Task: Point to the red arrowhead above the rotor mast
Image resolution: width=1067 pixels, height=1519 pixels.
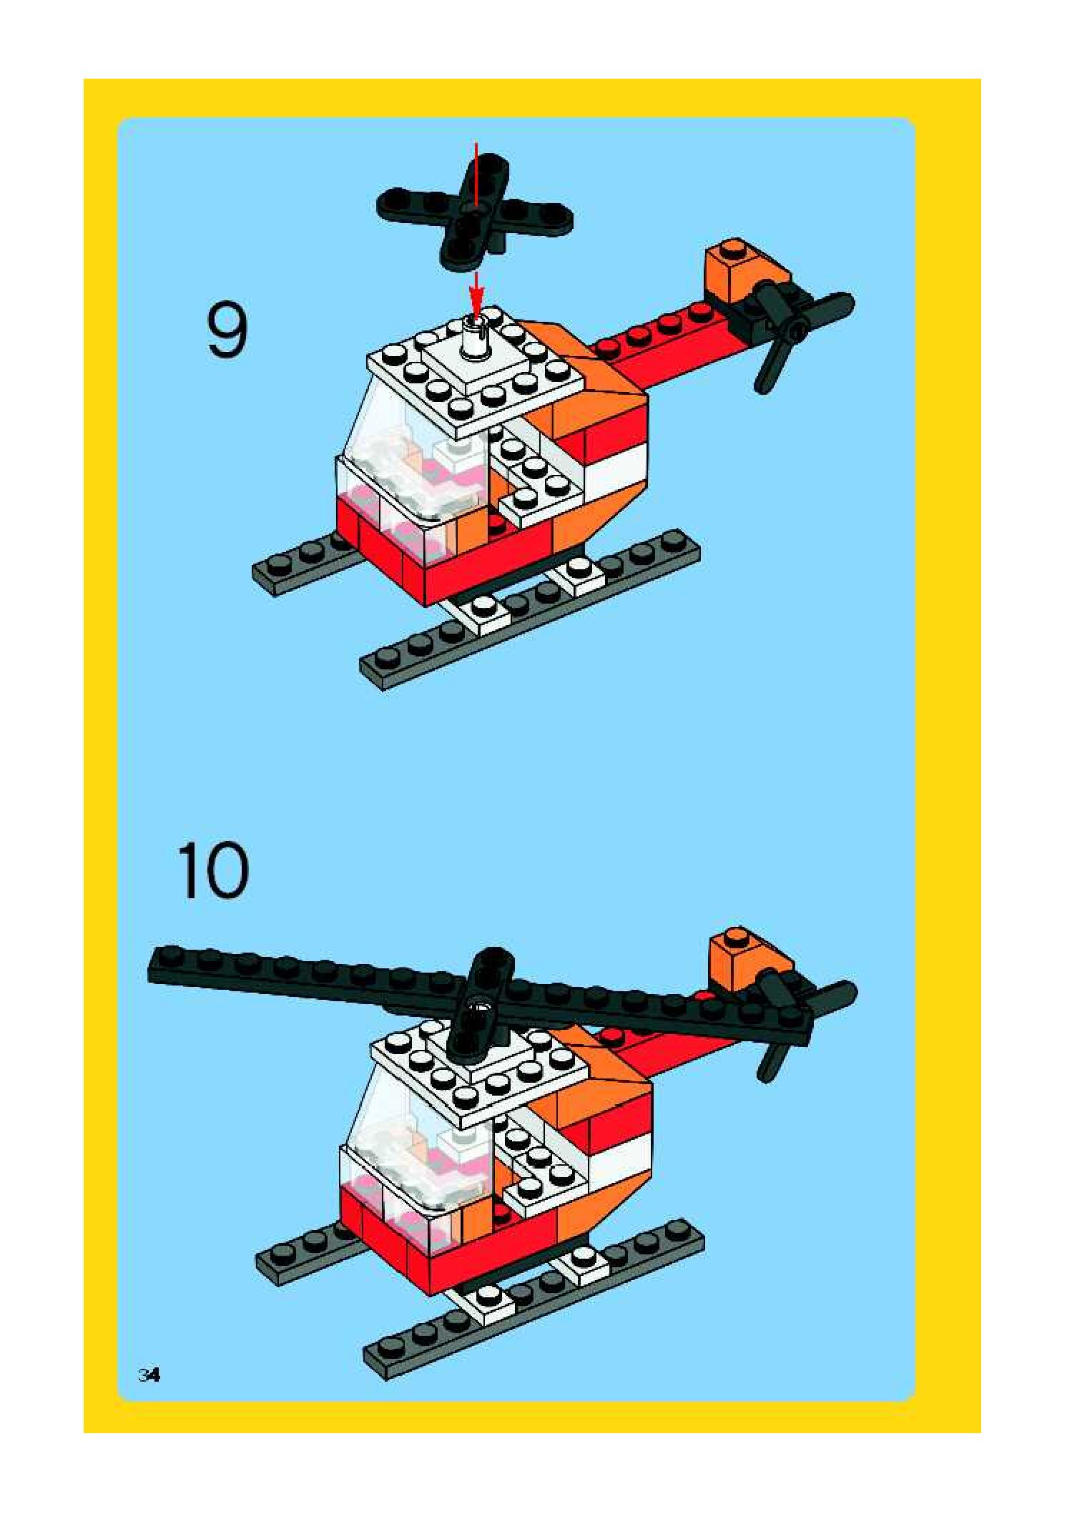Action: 477,294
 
